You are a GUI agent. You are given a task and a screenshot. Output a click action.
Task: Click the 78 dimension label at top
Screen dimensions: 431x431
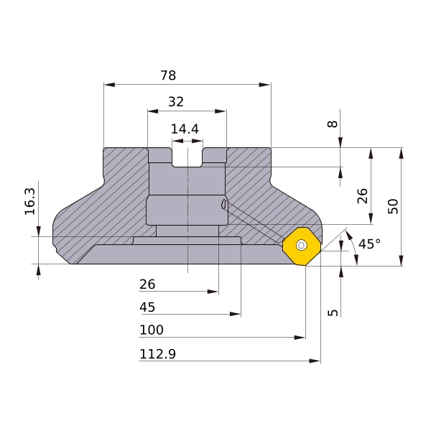click(x=168, y=75)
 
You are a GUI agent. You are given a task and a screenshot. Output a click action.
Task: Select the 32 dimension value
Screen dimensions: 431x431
click(x=176, y=102)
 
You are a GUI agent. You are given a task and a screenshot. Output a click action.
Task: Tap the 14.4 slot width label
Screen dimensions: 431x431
click(x=185, y=129)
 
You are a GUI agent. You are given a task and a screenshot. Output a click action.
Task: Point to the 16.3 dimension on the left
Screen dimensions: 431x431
click(x=30, y=201)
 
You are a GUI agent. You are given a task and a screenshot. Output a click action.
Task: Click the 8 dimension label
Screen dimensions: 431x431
click(x=333, y=124)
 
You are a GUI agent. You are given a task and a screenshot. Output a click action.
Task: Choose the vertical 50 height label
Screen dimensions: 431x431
click(x=393, y=206)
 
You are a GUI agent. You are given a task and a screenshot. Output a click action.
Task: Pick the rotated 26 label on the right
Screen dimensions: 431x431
click(x=362, y=196)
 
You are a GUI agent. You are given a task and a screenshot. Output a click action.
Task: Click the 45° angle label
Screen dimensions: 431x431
click(x=369, y=244)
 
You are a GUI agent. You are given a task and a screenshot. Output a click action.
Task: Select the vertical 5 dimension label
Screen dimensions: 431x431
click(x=333, y=312)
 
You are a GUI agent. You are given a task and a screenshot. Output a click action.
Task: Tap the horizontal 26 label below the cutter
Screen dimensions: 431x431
click(x=147, y=284)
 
